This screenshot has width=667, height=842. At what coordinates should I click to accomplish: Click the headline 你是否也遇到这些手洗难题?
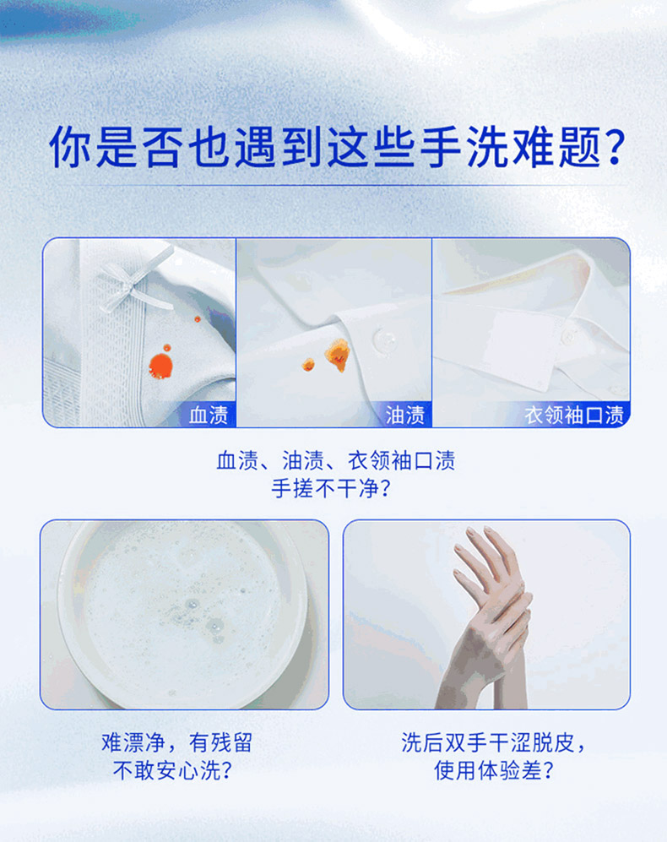pyautogui.click(x=337, y=147)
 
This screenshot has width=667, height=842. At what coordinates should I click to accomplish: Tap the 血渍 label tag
pyautogui.click(x=209, y=415)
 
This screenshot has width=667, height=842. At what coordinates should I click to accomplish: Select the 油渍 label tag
pyautogui.click(x=405, y=415)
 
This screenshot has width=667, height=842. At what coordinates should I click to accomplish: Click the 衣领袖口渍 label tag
pyautogui.click(x=574, y=415)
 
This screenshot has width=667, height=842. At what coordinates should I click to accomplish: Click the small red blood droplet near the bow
pyautogui.click(x=198, y=319)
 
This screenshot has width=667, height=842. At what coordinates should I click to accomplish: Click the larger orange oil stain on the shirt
pyautogui.click(x=338, y=356)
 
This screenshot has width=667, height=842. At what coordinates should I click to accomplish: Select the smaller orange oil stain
pyautogui.click(x=308, y=365)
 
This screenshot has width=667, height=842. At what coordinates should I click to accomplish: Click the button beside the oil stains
pyautogui.click(x=384, y=340)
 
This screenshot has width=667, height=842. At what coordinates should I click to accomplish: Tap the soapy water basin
pyautogui.click(x=183, y=614)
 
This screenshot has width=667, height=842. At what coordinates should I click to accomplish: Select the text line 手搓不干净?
pyautogui.click(x=331, y=489)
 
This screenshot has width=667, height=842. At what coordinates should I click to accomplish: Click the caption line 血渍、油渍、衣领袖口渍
pyautogui.click(x=336, y=461)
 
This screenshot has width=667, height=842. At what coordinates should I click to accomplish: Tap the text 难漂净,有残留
pyautogui.click(x=176, y=742)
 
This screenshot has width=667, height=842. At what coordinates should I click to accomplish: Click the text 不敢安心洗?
pyautogui.click(x=172, y=771)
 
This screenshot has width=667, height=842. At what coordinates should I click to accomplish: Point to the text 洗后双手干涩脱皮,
pyautogui.click(x=493, y=742)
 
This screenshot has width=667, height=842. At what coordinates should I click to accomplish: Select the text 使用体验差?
pyautogui.click(x=494, y=771)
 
